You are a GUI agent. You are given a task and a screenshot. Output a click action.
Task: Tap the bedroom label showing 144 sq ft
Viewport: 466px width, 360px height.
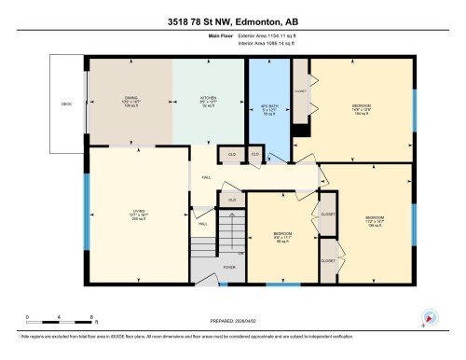360,108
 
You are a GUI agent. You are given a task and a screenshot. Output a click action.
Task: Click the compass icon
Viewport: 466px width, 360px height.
430,317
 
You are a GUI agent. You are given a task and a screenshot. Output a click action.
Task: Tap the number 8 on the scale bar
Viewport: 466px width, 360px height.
89,318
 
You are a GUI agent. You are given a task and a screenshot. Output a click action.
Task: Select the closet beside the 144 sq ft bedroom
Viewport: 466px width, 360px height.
299,92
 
